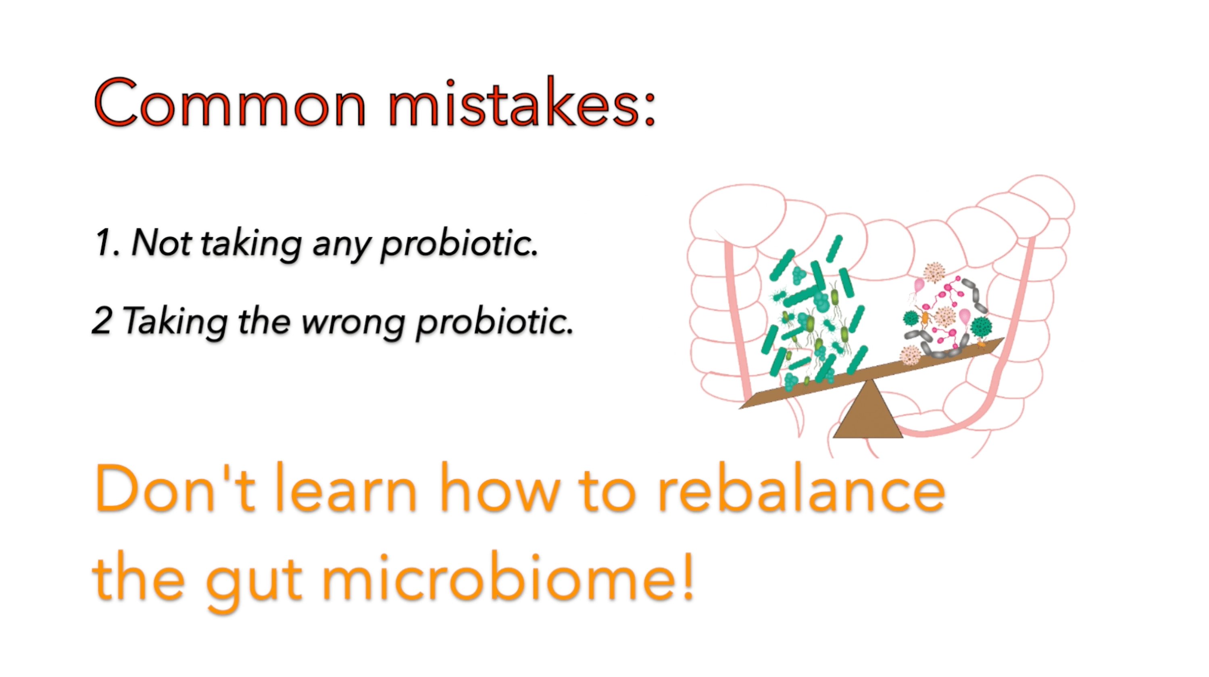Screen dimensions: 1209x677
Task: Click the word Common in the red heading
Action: pyautogui.click(x=229, y=102)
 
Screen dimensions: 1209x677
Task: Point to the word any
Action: pyautogui.click(x=341, y=247)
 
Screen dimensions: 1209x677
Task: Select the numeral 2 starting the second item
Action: pyautogui.click(x=102, y=320)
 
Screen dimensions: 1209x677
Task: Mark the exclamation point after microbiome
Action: pyautogui.click(x=688, y=576)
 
